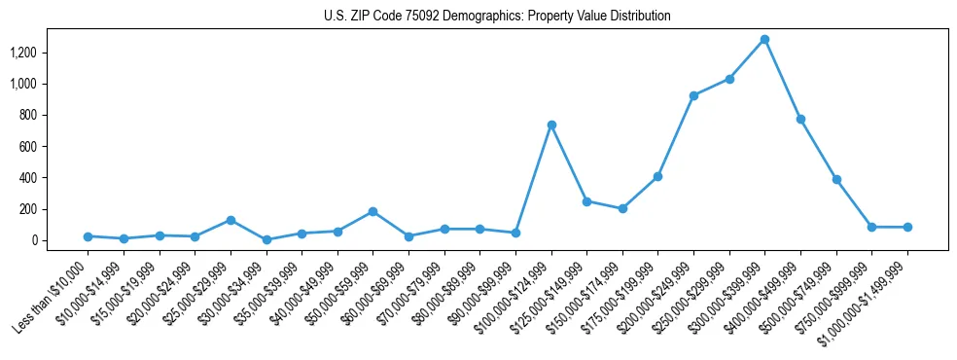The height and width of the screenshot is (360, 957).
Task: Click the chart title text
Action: [x=497, y=17]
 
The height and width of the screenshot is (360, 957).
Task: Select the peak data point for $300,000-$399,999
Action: [x=764, y=40]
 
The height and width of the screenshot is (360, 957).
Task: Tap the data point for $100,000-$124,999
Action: [x=551, y=125]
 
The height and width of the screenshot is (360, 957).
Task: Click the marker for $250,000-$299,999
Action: [x=729, y=79]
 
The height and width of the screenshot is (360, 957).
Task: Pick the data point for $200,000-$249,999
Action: [x=693, y=95]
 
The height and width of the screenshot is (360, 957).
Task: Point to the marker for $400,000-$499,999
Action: [x=800, y=119]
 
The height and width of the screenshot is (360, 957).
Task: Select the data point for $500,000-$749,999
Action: [x=836, y=179]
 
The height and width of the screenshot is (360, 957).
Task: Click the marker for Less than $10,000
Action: [x=88, y=236]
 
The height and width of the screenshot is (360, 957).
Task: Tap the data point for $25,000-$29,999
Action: [x=230, y=220]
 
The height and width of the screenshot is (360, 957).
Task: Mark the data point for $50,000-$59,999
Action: [x=372, y=211]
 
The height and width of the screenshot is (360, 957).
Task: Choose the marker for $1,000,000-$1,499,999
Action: [x=907, y=227]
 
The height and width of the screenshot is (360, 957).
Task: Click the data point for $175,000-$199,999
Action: [x=657, y=176]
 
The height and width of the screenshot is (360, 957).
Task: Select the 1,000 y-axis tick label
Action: [x=37, y=84]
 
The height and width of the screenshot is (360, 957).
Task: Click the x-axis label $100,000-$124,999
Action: [x=514, y=297]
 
